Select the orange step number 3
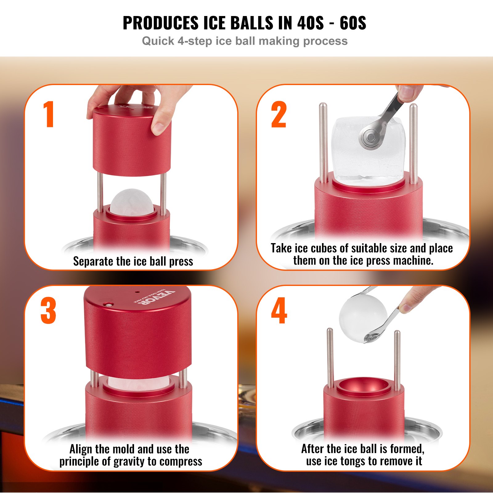pos(48,311)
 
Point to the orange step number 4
pos(279,311)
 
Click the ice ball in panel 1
pos(132,202)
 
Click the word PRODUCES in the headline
pos(161,23)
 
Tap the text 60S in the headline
pos(353,23)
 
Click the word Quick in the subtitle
pos(158,41)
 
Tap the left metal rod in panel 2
pos(323,142)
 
